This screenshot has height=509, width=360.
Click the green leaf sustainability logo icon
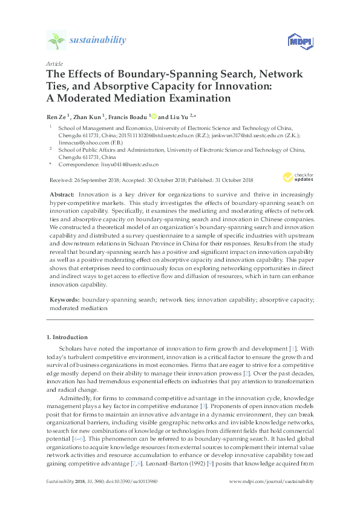[56, 41]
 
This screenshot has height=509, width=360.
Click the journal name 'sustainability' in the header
[99, 41]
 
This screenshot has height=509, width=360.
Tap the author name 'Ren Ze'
[57, 115]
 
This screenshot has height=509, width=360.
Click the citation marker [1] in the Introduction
[309, 349]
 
